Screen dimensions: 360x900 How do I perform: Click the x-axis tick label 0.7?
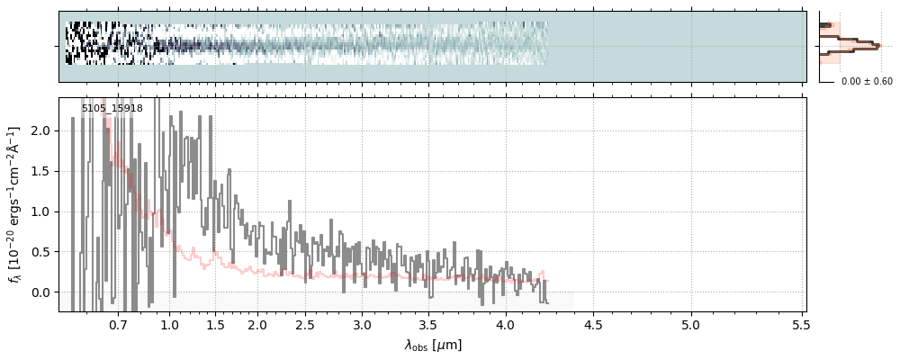point(118,324)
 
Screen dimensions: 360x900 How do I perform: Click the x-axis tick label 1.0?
point(169,324)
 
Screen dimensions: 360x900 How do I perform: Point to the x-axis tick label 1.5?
point(216,324)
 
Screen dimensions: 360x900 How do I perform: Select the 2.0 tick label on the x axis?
point(257,324)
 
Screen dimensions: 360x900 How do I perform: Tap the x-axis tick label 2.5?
point(305,324)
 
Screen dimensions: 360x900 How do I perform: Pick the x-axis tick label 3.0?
point(362,324)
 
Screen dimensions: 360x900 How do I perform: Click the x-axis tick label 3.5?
point(428,324)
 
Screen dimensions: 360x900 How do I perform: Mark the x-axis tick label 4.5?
point(592,324)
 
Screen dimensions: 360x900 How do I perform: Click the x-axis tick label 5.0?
point(690,324)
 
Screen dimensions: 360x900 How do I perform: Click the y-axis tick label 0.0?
point(41,292)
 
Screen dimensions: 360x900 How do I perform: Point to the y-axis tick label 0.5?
point(41,252)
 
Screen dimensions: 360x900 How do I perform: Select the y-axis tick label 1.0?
point(41,211)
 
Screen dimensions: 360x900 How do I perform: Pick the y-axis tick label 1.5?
point(41,171)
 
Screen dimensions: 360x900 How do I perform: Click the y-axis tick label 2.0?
point(41,130)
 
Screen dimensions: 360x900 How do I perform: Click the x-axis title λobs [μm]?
point(433,345)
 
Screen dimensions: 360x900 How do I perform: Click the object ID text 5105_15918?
point(112,109)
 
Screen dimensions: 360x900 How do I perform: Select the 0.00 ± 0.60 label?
point(867,82)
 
